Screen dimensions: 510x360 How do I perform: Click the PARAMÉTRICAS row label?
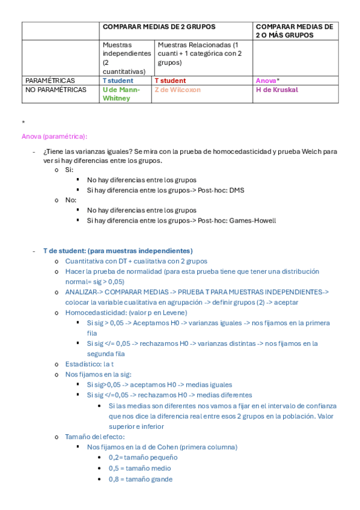(50, 81)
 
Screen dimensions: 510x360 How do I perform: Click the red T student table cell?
(170, 81)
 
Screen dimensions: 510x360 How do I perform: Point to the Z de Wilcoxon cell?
(178, 90)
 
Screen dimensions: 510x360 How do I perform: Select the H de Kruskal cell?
(276, 90)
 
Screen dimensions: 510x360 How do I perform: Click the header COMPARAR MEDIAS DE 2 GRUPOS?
(159, 27)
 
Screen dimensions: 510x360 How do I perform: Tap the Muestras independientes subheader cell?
(126, 58)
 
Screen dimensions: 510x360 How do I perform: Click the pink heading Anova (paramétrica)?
(54, 136)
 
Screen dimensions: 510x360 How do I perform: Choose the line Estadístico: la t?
(89, 364)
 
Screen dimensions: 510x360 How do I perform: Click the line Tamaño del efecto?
(94, 437)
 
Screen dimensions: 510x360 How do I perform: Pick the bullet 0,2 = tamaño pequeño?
(139, 458)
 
